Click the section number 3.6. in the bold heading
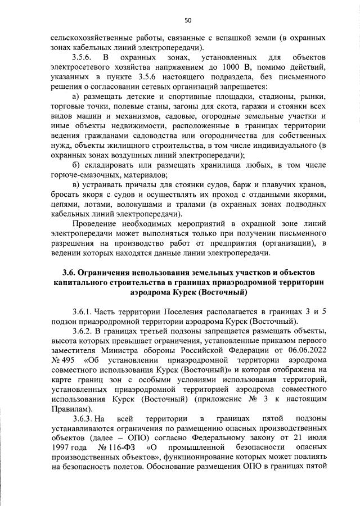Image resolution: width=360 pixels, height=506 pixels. (x=70, y=273)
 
